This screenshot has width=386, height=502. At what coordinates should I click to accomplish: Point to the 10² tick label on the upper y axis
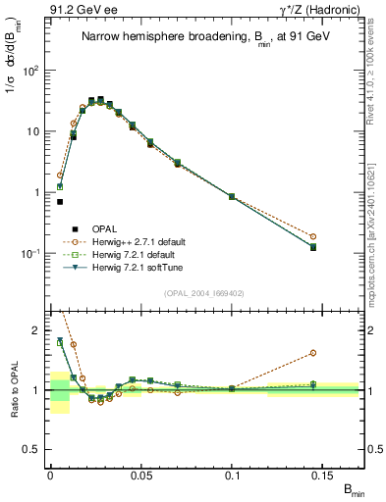click(32, 71)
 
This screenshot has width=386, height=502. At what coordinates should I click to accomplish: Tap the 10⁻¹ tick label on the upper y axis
click(32, 253)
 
